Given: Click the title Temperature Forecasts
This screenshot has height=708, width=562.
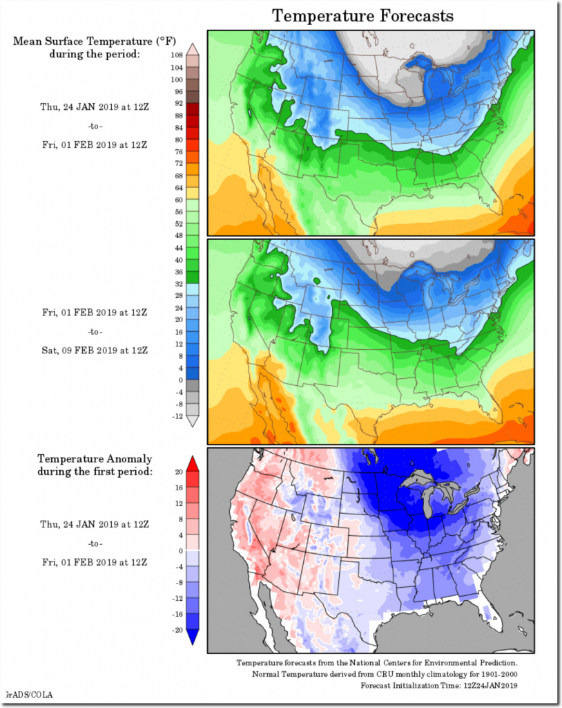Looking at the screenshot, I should tap(363, 15).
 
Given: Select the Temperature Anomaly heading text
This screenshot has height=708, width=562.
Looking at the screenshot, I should tap(95, 458).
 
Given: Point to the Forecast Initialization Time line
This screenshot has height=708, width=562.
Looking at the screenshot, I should tap(438, 685).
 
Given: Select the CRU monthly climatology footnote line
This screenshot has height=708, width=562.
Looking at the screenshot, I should tap(385, 674).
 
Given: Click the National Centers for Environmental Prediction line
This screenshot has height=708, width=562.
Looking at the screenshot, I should tap(385, 663).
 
